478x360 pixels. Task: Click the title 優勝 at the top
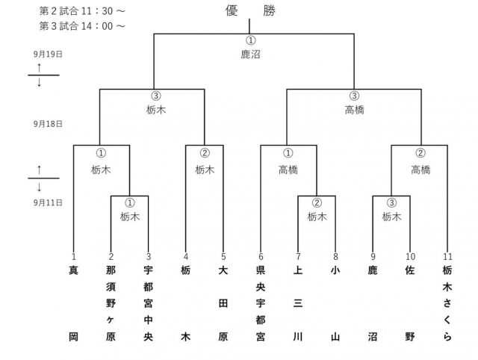tap(250, 11)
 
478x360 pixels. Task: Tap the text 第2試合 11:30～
tap(83, 11)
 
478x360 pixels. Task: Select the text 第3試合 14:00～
tap(83, 25)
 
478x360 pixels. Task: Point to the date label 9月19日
tap(48, 55)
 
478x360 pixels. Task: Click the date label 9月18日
tap(48, 124)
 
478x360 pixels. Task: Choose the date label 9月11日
tap(48, 202)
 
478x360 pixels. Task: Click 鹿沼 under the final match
tap(250, 55)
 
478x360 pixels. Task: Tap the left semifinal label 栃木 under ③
tap(156, 109)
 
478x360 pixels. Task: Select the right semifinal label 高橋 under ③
tap(354, 109)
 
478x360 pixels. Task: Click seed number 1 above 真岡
tap(74, 257)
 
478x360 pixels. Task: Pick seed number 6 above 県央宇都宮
tap(261, 257)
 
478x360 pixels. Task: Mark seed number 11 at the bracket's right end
tap(447, 257)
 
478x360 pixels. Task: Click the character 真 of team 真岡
tap(74, 270)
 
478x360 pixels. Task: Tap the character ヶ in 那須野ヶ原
tap(111, 320)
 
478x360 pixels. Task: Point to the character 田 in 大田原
tap(223, 303)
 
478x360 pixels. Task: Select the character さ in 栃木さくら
tap(447, 303)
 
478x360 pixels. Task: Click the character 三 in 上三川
tap(298, 303)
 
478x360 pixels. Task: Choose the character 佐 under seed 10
tap(410, 270)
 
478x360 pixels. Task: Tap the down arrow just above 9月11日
tap(39, 187)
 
